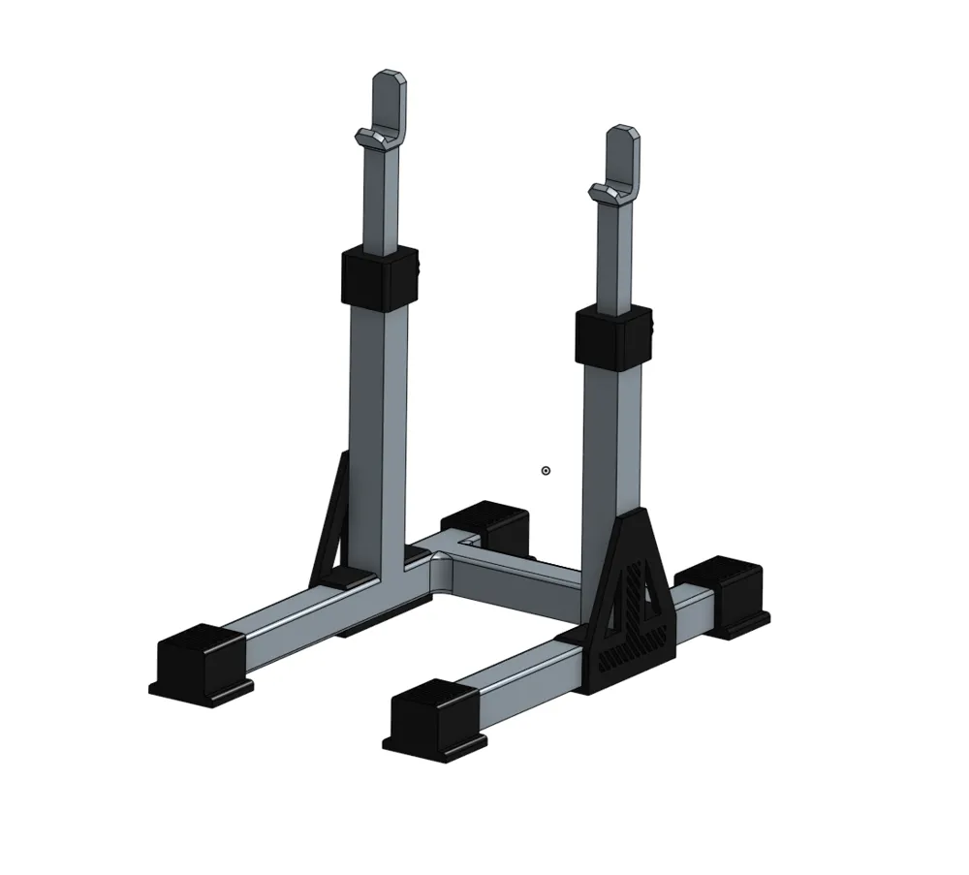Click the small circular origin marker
coord(546,471)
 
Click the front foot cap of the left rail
coord(201,661)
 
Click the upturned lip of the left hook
coord(367,137)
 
